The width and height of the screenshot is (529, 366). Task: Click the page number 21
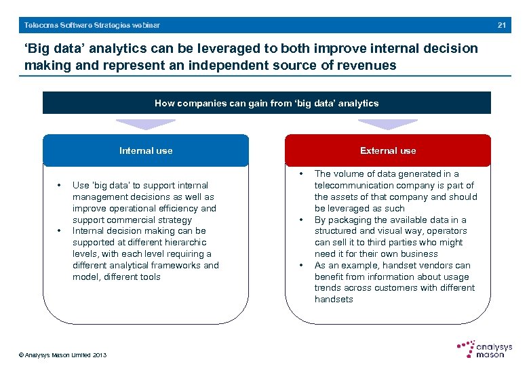(x=502, y=25)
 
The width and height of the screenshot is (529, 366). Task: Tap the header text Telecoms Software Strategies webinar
(x=92, y=25)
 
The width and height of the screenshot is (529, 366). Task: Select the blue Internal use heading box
(x=146, y=150)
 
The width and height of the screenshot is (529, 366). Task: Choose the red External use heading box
(x=388, y=150)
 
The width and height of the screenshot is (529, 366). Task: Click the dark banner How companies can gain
(x=267, y=103)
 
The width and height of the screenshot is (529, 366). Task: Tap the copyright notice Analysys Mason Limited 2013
(x=63, y=355)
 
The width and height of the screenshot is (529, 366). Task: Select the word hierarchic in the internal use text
(x=184, y=243)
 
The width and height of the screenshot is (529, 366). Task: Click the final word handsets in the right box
(x=334, y=300)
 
